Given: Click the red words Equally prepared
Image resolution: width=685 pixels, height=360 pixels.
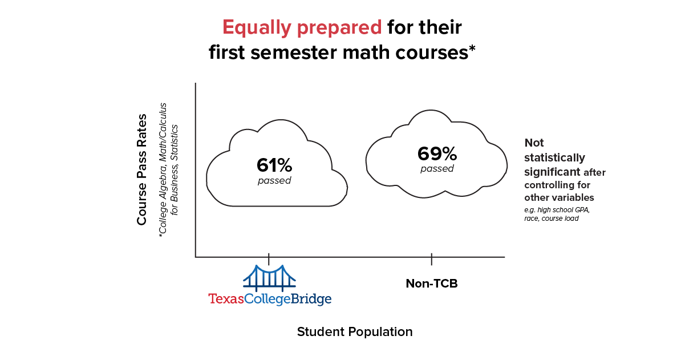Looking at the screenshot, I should click(x=302, y=27).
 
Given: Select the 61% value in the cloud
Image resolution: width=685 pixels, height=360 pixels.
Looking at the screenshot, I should click(x=274, y=165).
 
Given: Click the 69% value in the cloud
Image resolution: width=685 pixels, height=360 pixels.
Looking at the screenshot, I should click(x=437, y=153).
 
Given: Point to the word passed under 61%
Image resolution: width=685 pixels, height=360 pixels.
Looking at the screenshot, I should click(x=274, y=181).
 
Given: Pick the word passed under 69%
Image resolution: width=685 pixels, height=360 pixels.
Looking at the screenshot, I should click(x=437, y=169).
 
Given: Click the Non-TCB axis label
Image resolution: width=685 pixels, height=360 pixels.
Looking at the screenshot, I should click(x=431, y=284).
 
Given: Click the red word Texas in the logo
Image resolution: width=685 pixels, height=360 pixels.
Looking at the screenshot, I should click(x=226, y=299).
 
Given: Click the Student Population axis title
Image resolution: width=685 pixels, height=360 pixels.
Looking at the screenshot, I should click(x=354, y=332).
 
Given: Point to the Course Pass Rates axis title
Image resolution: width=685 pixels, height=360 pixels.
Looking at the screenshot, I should click(x=142, y=169).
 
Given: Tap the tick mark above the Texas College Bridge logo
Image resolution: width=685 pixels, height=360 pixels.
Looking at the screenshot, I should click(x=269, y=258).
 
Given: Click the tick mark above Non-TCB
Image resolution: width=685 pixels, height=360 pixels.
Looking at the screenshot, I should click(x=431, y=259).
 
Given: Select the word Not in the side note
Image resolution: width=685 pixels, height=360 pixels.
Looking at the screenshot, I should click(x=534, y=143).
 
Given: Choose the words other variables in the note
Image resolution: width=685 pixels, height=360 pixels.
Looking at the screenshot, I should click(x=559, y=197).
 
